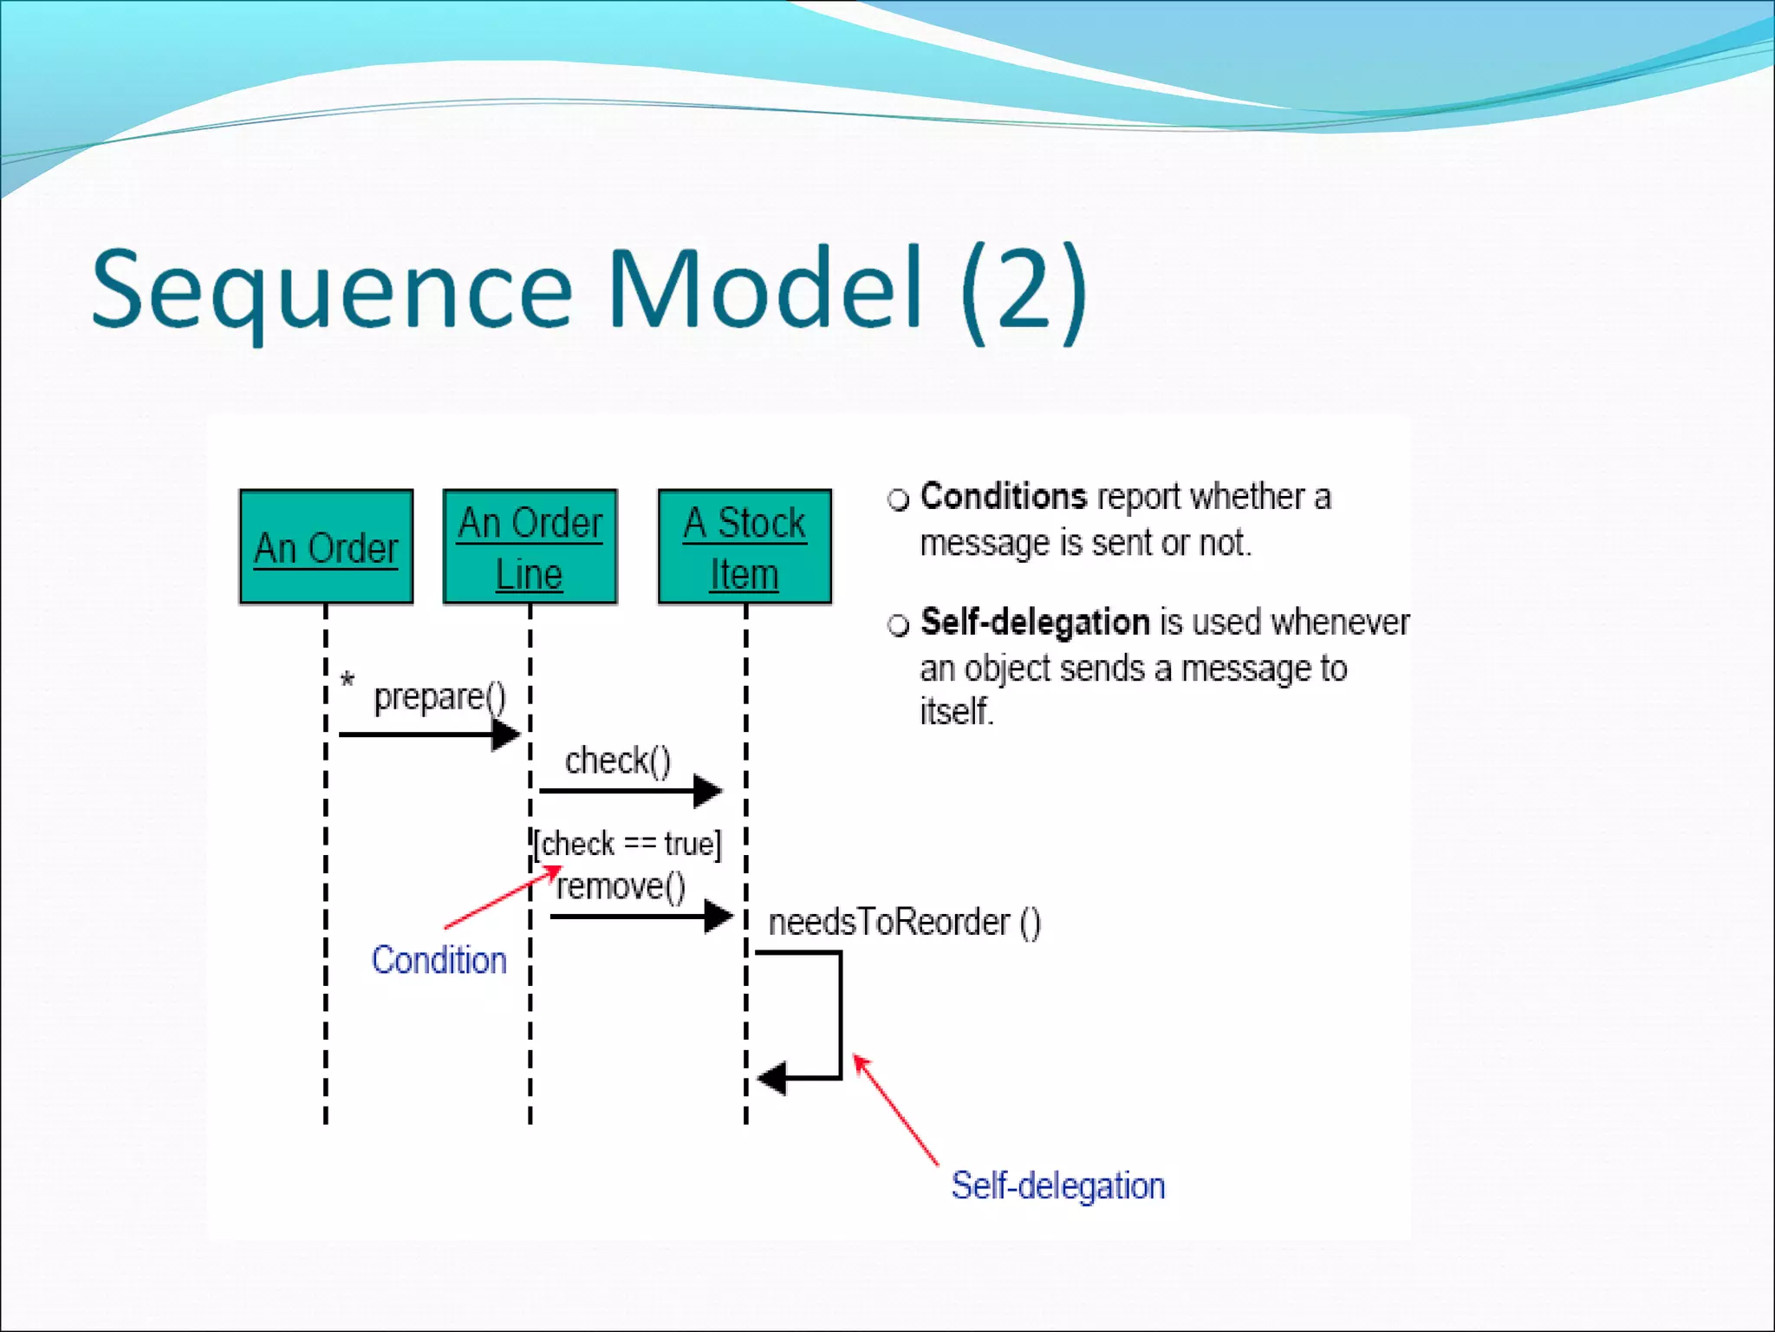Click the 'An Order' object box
(x=326, y=547)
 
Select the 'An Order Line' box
(x=530, y=547)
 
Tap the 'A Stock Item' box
(x=744, y=547)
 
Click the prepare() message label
(x=439, y=697)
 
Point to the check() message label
(x=617, y=761)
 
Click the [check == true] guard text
(x=627, y=844)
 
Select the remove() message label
(x=621, y=886)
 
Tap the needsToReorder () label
(x=904, y=922)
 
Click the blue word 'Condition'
(x=439, y=961)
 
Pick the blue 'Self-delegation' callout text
(x=1057, y=1185)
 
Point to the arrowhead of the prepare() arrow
(x=506, y=735)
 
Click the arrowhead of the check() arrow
(x=708, y=791)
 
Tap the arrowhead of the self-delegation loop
(x=771, y=1078)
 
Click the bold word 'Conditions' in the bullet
(x=1003, y=497)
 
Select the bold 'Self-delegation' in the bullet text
(x=1034, y=622)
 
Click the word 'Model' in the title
(x=765, y=288)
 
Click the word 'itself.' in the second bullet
(x=956, y=711)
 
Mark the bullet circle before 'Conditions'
(x=899, y=499)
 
